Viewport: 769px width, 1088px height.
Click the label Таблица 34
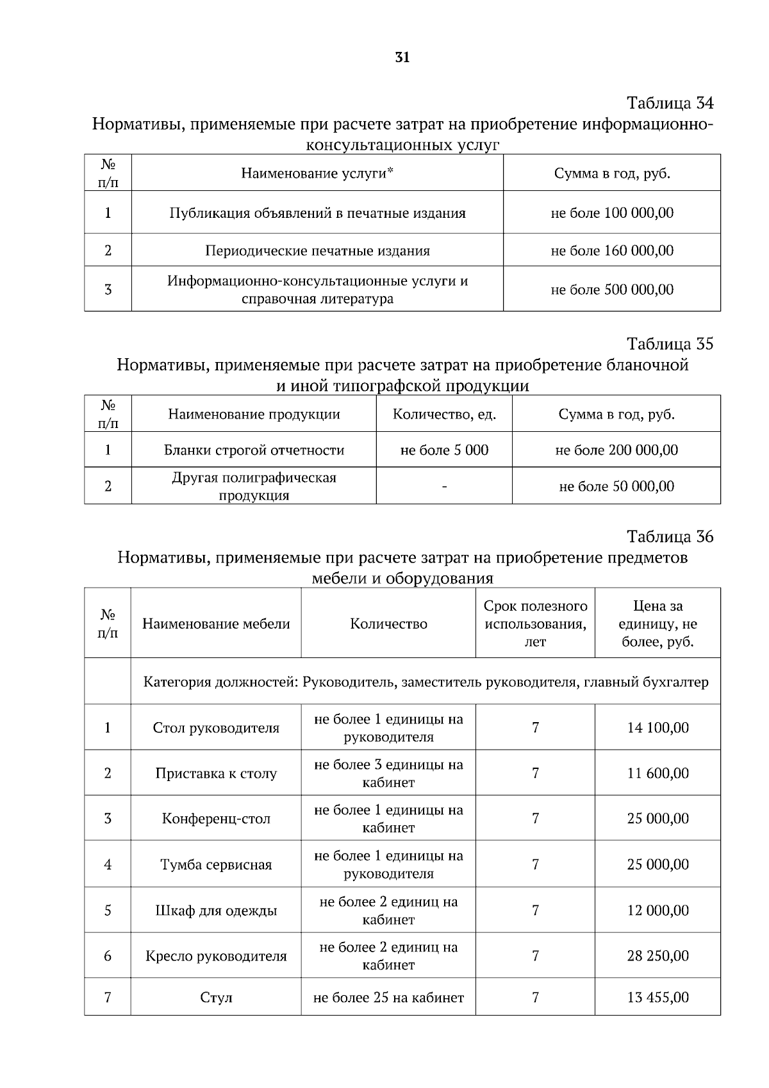click(670, 103)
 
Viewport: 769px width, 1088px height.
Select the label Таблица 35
click(670, 344)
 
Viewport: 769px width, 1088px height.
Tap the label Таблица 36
click(670, 536)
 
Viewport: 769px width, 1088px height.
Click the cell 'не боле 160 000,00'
click(612, 251)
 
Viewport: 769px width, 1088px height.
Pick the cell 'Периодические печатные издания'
click(317, 251)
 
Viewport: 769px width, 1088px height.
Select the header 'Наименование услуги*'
click(317, 173)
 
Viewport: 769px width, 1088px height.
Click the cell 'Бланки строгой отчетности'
click(254, 450)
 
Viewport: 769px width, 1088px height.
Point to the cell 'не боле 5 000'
click(444, 450)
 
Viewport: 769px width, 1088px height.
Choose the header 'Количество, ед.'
click(444, 414)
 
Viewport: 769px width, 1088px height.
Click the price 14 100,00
click(657, 728)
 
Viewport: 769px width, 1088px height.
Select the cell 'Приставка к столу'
click(216, 773)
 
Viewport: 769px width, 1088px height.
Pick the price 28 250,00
click(657, 956)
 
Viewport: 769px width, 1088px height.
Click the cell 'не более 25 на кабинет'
click(388, 998)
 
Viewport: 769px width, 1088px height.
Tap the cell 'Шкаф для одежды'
click(216, 911)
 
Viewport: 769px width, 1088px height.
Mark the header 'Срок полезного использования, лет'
click(535, 623)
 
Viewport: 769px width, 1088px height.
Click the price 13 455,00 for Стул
click(657, 998)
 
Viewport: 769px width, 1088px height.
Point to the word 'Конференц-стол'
click(216, 819)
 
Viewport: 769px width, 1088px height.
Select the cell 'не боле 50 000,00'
click(616, 486)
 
